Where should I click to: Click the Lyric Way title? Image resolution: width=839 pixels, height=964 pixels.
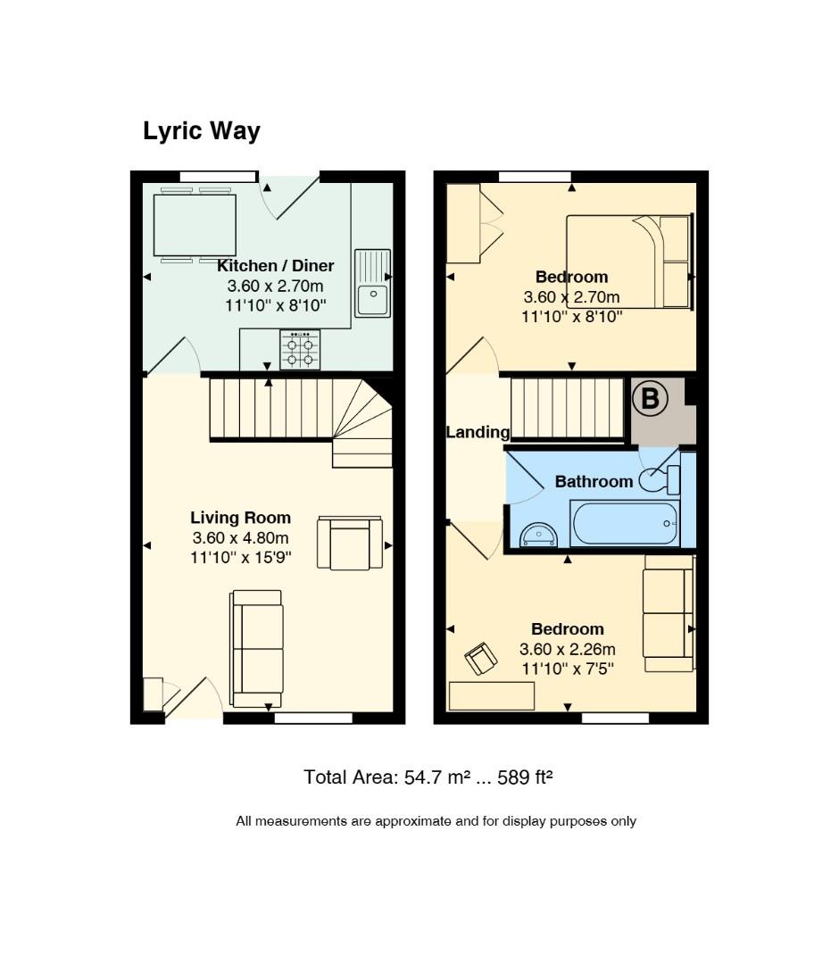click(x=202, y=131)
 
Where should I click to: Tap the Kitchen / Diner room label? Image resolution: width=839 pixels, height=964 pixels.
click(x=276, y=266)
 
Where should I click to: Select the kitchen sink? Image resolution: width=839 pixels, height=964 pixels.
click(x=372, y=283)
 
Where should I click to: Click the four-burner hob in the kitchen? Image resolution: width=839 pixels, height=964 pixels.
click(x=300, y=349)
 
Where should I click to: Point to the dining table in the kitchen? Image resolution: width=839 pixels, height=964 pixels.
click(x=195, y=225)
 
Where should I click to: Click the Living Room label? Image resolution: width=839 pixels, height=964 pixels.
click(x=240, y=518)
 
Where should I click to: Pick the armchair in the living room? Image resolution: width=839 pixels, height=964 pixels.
click(x=350, y=544)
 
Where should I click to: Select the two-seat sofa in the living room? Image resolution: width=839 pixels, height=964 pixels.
click(x=257, y=649)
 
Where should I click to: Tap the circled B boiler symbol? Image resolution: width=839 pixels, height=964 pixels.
click(x=650, y=398)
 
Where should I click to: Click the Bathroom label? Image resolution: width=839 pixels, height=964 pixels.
click(x=594, y=481)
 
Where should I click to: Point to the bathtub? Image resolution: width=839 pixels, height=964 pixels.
click(x=625, y=524)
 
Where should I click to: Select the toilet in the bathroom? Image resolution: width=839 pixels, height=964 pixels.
click(x=660, y=480)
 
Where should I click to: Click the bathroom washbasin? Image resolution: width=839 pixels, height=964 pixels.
click(x=538, y=536)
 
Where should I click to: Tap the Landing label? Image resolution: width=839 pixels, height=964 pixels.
click(x=478, y=432)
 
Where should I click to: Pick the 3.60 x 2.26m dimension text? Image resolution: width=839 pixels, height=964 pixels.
click(x=568, y=649)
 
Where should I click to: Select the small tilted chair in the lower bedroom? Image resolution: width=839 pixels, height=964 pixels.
click(x=481, y=659)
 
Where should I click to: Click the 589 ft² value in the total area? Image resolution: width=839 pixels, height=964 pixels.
click(x=525, y=777)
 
